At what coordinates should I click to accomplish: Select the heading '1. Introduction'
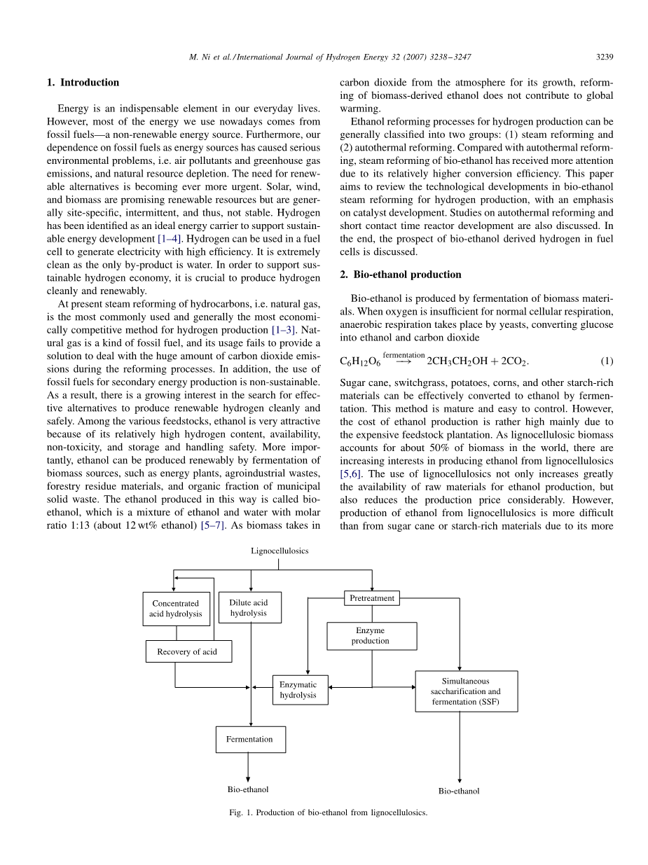(83, 83)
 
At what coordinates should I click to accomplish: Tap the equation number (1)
(607, 361)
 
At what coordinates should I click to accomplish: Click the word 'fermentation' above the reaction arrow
(404, 355)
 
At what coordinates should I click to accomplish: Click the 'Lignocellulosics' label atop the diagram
(280, 551)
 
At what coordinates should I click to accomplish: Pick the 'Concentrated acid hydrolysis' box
(175, 609)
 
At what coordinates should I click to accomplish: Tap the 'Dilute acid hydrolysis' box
(249, 607)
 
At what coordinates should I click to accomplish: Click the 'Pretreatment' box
(372, 598)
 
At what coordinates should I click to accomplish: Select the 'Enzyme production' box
(371, 636)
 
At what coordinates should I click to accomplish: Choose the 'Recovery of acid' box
(188, 651)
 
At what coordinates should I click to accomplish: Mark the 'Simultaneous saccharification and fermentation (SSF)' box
(466, 691)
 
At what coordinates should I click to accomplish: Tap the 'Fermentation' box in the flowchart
(250, 739)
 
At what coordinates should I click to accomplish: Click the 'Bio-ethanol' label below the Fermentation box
(248, 789)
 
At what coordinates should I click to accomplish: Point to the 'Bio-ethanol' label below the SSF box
(459, 791)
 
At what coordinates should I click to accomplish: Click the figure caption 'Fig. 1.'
(240, 813)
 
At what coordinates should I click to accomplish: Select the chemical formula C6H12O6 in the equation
(360, 361)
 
